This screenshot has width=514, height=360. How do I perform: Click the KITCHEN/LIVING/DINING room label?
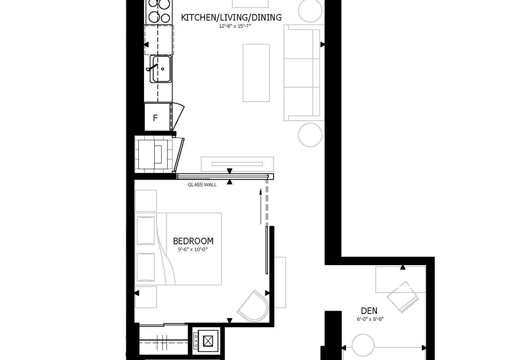point(231,17)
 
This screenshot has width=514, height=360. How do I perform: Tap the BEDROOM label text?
point(193,241)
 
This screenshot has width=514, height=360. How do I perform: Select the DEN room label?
point(369,311)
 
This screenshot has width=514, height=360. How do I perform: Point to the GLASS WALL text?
point(202,185)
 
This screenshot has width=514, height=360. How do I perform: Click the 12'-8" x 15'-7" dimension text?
point(235,26)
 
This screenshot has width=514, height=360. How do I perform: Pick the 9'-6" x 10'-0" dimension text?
point(193,250)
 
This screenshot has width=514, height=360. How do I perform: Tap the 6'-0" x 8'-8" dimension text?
point(370,319)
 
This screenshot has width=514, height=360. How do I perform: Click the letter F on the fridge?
point(155,118)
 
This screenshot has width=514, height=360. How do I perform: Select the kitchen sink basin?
point(161,69)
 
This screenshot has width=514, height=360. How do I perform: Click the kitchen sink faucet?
point(152,67)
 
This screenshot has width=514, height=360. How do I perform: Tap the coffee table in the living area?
point(256,73)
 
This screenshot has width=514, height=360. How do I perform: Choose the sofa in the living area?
point(303,73)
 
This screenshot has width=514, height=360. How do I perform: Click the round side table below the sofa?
point(310,135)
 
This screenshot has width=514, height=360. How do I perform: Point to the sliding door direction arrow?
point(261,207)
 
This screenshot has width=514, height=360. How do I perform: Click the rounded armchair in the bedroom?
point(253,306)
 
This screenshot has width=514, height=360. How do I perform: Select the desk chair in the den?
point(403,297)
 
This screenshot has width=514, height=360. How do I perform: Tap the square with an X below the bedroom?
point(208,341)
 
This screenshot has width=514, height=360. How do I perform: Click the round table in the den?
point(363,345)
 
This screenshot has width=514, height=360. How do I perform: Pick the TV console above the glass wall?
point(237,164)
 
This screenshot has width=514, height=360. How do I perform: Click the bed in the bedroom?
point(178,249)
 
